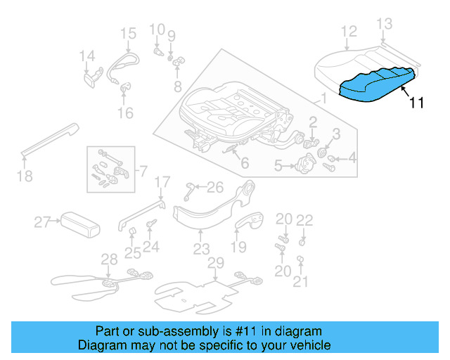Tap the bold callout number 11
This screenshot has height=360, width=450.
point(416,103)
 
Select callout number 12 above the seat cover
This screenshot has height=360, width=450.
point(349,32)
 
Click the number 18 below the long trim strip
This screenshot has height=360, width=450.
point(25,176)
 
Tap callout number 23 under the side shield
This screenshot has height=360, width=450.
point(202,249)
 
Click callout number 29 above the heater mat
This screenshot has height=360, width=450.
point(215,262)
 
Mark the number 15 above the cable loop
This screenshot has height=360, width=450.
point(127,33)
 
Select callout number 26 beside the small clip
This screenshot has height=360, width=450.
point(215,186)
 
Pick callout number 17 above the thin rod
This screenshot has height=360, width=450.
point(162,183)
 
